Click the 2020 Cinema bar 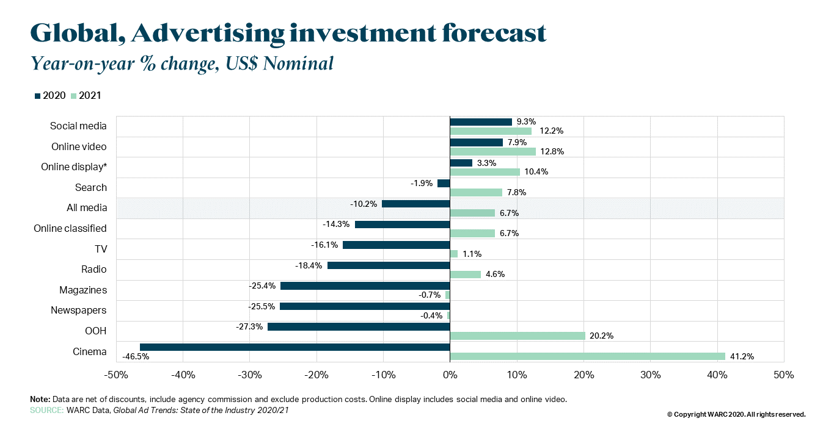click(294, 347)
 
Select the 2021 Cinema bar click(587, 356)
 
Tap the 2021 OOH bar click(518, 336)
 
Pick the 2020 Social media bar click(481, 122)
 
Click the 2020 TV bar click(396, 245)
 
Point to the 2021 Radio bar click(465, 274)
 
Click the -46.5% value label click(136, 356)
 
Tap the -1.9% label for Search click(422, 183)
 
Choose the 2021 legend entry click(86, 95)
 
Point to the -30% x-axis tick click(249, 375)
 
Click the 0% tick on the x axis click(450, 375)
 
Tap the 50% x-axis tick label click(783, 375)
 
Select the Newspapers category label click(78, 311)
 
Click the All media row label click(86, 208)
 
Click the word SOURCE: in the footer click(46, 411)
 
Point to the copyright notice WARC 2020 click(736, 414)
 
